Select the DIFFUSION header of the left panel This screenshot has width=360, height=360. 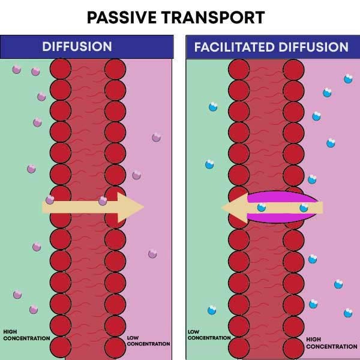(x=77, y=47)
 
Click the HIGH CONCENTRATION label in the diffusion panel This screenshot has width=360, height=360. (x=26, y=335)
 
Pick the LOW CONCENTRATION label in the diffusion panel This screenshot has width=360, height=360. (x=148, y=341)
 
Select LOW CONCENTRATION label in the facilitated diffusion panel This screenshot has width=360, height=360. (x=209, y=335)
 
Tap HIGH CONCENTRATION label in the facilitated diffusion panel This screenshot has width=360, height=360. (x=331, y=343)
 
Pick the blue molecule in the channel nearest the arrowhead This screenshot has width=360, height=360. (x=262, y=208)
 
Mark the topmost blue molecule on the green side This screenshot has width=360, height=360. (x=212, y=107)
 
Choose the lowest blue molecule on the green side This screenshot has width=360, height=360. (x=212, y=310)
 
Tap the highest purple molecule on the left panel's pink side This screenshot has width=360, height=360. (x=156, y=137)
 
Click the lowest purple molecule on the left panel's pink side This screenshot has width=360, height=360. (x=152, y=254)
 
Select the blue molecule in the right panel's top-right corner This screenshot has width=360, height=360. (x=348, y=79)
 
